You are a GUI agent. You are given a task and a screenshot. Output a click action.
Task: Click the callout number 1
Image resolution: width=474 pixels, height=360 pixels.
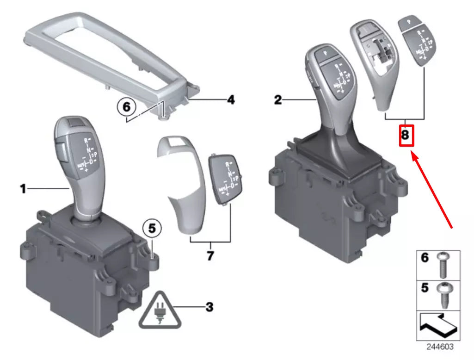tap(22, 188)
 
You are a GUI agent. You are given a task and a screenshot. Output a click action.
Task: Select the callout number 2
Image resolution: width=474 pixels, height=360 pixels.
tap(277, 99)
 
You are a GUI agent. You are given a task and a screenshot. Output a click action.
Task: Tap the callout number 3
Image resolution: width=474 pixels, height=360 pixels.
tap(209, 306)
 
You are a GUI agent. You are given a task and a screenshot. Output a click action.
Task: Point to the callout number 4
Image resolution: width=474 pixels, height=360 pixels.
tap(230, 99)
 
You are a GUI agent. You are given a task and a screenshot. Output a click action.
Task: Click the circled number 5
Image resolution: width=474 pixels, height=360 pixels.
tap(152, 228)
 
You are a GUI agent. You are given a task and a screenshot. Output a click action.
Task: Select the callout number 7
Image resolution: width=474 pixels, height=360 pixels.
tap(210, 255)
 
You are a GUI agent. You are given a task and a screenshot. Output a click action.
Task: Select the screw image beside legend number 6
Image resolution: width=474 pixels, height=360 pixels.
tap(443, 264)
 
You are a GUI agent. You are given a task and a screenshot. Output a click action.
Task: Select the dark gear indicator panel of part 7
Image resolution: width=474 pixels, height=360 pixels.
tap(225, 179)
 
